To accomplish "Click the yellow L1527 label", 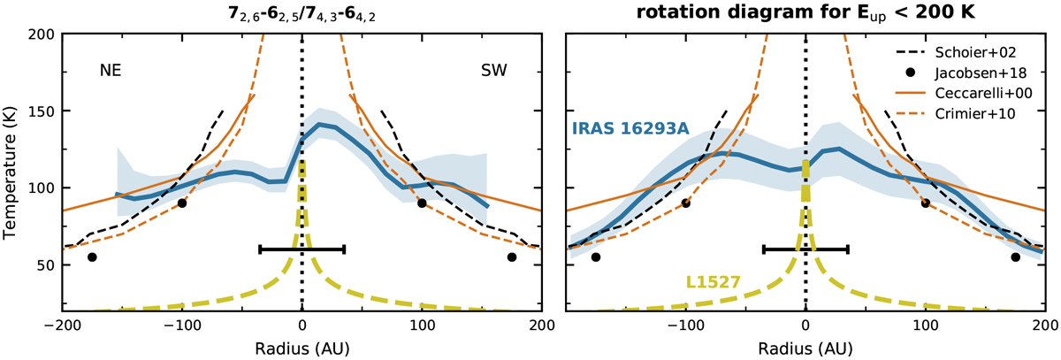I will [714, 283].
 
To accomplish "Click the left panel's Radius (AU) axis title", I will [302, 347].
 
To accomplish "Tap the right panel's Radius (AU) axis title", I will [805, 347].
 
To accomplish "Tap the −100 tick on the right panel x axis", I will [684, 325].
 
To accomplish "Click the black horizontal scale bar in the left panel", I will [302, 249].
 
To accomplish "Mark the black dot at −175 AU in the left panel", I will [92, 257].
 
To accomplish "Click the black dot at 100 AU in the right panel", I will [925, 203].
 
